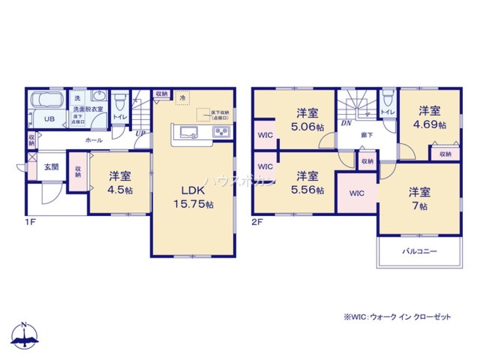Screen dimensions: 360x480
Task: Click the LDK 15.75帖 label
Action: click(194, 197)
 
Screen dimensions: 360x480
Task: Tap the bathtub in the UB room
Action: click(47, 101)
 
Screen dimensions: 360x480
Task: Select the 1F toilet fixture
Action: click(120, 102)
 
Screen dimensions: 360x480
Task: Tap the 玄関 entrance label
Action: click(51, 167)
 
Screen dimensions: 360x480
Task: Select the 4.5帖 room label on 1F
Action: click(120, 183)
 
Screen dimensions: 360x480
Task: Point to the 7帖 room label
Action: click(419, 199)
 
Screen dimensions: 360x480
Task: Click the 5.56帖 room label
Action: click(307, 183)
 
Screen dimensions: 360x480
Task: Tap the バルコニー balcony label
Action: click(419, 251)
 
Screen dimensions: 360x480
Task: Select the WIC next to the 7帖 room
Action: click(357, 193)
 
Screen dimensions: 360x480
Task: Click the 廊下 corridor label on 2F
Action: click(367, 136)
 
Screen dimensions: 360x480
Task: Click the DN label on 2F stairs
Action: click(345, 123)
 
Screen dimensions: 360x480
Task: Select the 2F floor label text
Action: click(258, 223)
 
